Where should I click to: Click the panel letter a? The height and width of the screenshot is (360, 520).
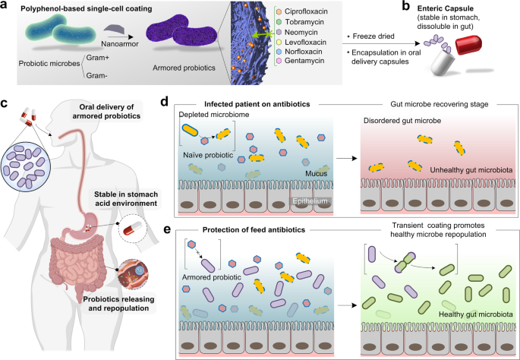(6, 5)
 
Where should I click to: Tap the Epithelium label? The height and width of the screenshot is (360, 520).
(298, 201)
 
